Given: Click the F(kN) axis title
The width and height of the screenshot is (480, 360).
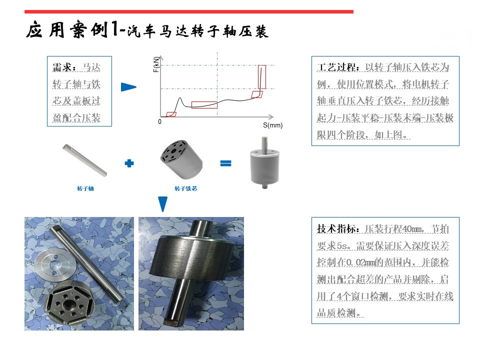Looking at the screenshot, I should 156,64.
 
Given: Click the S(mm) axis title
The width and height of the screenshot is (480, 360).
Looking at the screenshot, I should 272,125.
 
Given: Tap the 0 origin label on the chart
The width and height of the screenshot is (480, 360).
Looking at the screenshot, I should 160,121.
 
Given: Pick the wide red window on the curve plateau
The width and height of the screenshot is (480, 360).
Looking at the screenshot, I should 204,104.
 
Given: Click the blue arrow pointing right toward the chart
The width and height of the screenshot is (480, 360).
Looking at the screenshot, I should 128,87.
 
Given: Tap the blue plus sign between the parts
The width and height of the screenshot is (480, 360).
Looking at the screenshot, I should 129,163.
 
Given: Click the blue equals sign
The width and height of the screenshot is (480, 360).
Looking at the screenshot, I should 225,163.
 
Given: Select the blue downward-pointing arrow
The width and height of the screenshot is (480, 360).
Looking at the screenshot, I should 162,203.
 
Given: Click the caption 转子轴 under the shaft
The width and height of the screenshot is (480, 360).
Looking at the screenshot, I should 85,188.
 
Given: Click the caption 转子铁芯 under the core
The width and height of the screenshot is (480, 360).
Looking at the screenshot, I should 185,188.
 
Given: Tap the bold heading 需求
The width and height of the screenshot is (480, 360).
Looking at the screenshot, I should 64,66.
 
